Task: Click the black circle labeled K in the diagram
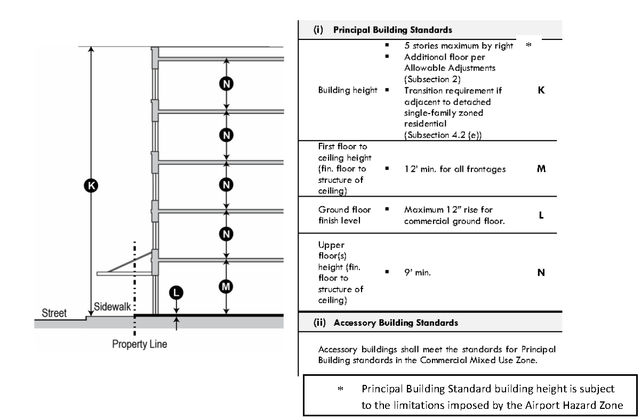pyautogui.click(x=91, y=186)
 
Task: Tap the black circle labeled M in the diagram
pyautogui.click(x=226, y=286)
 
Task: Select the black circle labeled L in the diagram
pyautogui.click(x=176, y=293)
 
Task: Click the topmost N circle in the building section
pyautogui.click(x=226, y=84)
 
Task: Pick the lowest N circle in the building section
pyautogui.click(x=226, y=234)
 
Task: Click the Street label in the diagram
pyautogui.click(x=54, y=313)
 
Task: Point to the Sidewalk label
pyautogui.click(x=112, y=307)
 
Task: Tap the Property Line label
pyautogui.click(x=139, y=344)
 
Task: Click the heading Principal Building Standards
pyautogui.click(x=392, y=30)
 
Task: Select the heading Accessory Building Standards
pyautogui.click(x=396, y=323)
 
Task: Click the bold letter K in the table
pyautogui.click(x=541, y=90)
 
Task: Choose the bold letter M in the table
pyautogui.click(x=541, y=169)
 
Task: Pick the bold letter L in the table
pyautogui.click(x=541, y=215)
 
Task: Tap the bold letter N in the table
pyautogui.click(x=541, y=272)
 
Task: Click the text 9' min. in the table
pyautogui.click(x=417, y=272)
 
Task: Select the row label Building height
pyautogui.click(x=348, y=90)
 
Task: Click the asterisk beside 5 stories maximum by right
pyautogui.click(x=528, y=45)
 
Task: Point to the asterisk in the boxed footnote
pyautogui.click(x=340, y=389)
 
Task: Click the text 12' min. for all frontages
pyautogui.click(x=455, y=169)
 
